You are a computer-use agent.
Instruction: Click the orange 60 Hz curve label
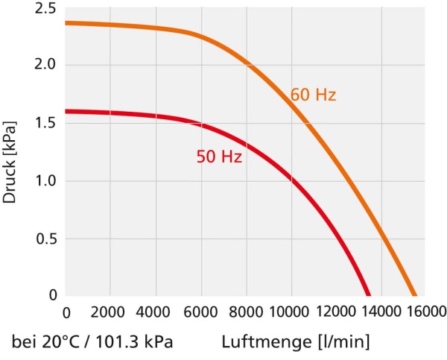pyautogui.click(x=314, y=95)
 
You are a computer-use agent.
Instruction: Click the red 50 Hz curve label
pyautogui.click(x=219, y=157)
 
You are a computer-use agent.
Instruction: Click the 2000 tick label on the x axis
pyautogui.click(x=110, y=312)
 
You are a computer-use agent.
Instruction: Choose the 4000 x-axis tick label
pyautogui.click(x=156, y=312)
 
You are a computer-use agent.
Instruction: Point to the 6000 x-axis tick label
pyautogui.click(x=201, y=312)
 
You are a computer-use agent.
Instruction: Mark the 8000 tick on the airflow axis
pyautogui.click(x=246, y=312)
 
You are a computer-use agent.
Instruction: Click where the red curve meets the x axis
pyautogui.click(x=367, y=295)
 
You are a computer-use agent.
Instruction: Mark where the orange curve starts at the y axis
pyautogui.click(x=67, y=23)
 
